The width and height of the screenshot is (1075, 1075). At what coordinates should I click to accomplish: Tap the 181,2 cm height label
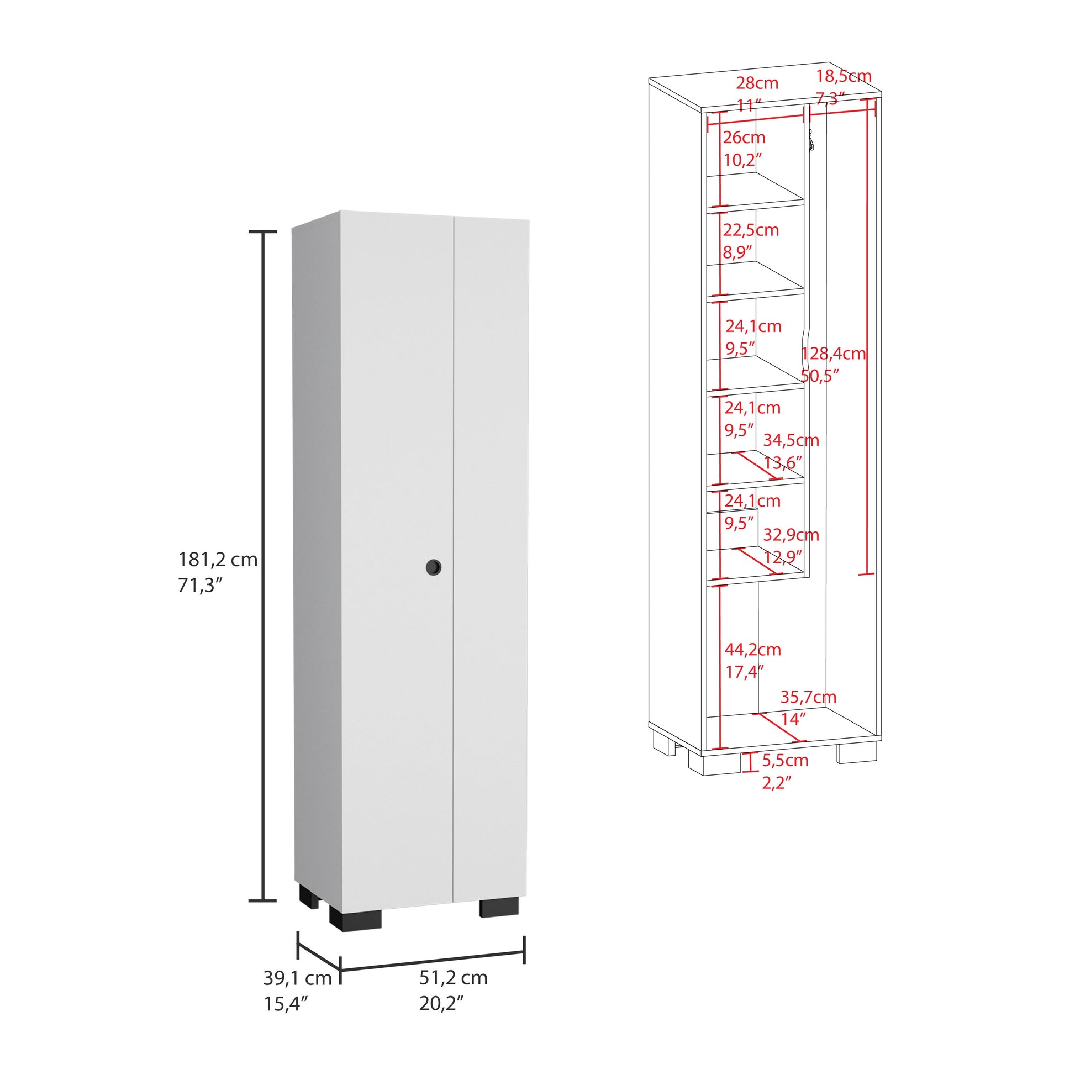click(x=218, y=559)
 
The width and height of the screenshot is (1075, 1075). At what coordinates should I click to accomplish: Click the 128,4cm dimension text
click(x=833, y=354)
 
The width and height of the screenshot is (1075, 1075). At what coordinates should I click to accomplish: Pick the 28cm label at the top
click(x=757, y=83)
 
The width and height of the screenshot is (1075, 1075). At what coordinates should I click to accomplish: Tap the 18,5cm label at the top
click(x=843, y=76)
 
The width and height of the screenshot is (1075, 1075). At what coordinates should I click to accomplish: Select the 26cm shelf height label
click(x=744, y=137)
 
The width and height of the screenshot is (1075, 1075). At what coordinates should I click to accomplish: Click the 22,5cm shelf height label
click(x=750, y=230)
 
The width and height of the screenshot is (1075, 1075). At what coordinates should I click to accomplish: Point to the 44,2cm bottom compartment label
click(x=752, y=649)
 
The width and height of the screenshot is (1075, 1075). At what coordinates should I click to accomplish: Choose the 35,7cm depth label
click(x=808, y=697)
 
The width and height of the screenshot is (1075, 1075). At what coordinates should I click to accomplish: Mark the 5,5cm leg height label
click(x=784, y=760)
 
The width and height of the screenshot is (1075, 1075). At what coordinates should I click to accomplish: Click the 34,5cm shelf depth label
click(x=790, y=440)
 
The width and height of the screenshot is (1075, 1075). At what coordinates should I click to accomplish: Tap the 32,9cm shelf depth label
click(x=790, y=535)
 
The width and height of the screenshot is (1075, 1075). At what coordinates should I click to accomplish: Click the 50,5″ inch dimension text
click(x=820, y=376)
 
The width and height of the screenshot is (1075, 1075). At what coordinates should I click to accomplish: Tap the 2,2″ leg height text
click(x=776, y=783)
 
